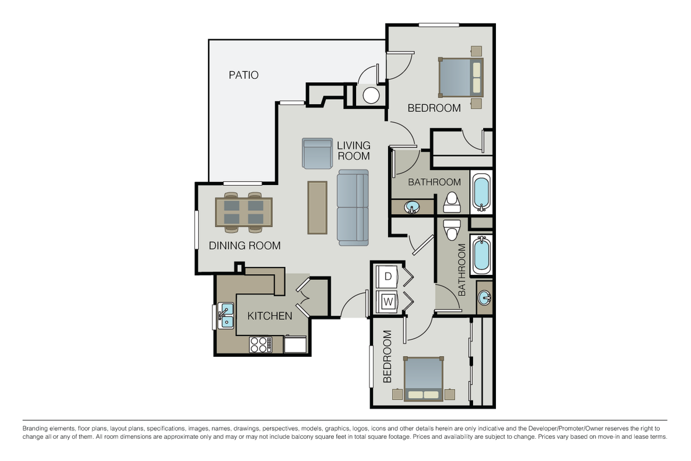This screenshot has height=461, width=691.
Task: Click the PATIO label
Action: click(244, 75)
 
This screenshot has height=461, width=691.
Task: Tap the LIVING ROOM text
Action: click(353, 151)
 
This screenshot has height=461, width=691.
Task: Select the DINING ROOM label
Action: click(245, 245)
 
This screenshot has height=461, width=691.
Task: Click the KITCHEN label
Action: click(270, 316)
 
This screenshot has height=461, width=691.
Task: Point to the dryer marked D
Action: click(388, 276)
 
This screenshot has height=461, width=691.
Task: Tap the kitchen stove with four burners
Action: click(260, 344)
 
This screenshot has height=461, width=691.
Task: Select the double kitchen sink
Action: click(226, 316)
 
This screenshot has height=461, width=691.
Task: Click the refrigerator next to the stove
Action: click(295, 344)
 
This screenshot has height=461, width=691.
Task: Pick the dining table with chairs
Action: click(244, 212)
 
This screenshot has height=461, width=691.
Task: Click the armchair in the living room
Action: click(317, 153)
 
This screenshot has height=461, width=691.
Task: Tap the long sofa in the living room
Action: click(353, 207)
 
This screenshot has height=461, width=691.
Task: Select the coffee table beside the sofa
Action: click(317, 207)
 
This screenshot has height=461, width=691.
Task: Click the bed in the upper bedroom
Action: click(461, 77)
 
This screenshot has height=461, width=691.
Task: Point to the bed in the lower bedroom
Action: click(424, 379)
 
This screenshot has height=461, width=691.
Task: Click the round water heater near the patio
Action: click(371, 95)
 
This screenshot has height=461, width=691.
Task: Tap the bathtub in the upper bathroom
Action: click(481, 192)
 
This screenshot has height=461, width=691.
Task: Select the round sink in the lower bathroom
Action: click(484, 297)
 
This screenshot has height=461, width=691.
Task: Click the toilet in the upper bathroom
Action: click(452, 203)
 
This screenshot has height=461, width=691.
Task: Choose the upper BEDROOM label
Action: click(434, 108)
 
